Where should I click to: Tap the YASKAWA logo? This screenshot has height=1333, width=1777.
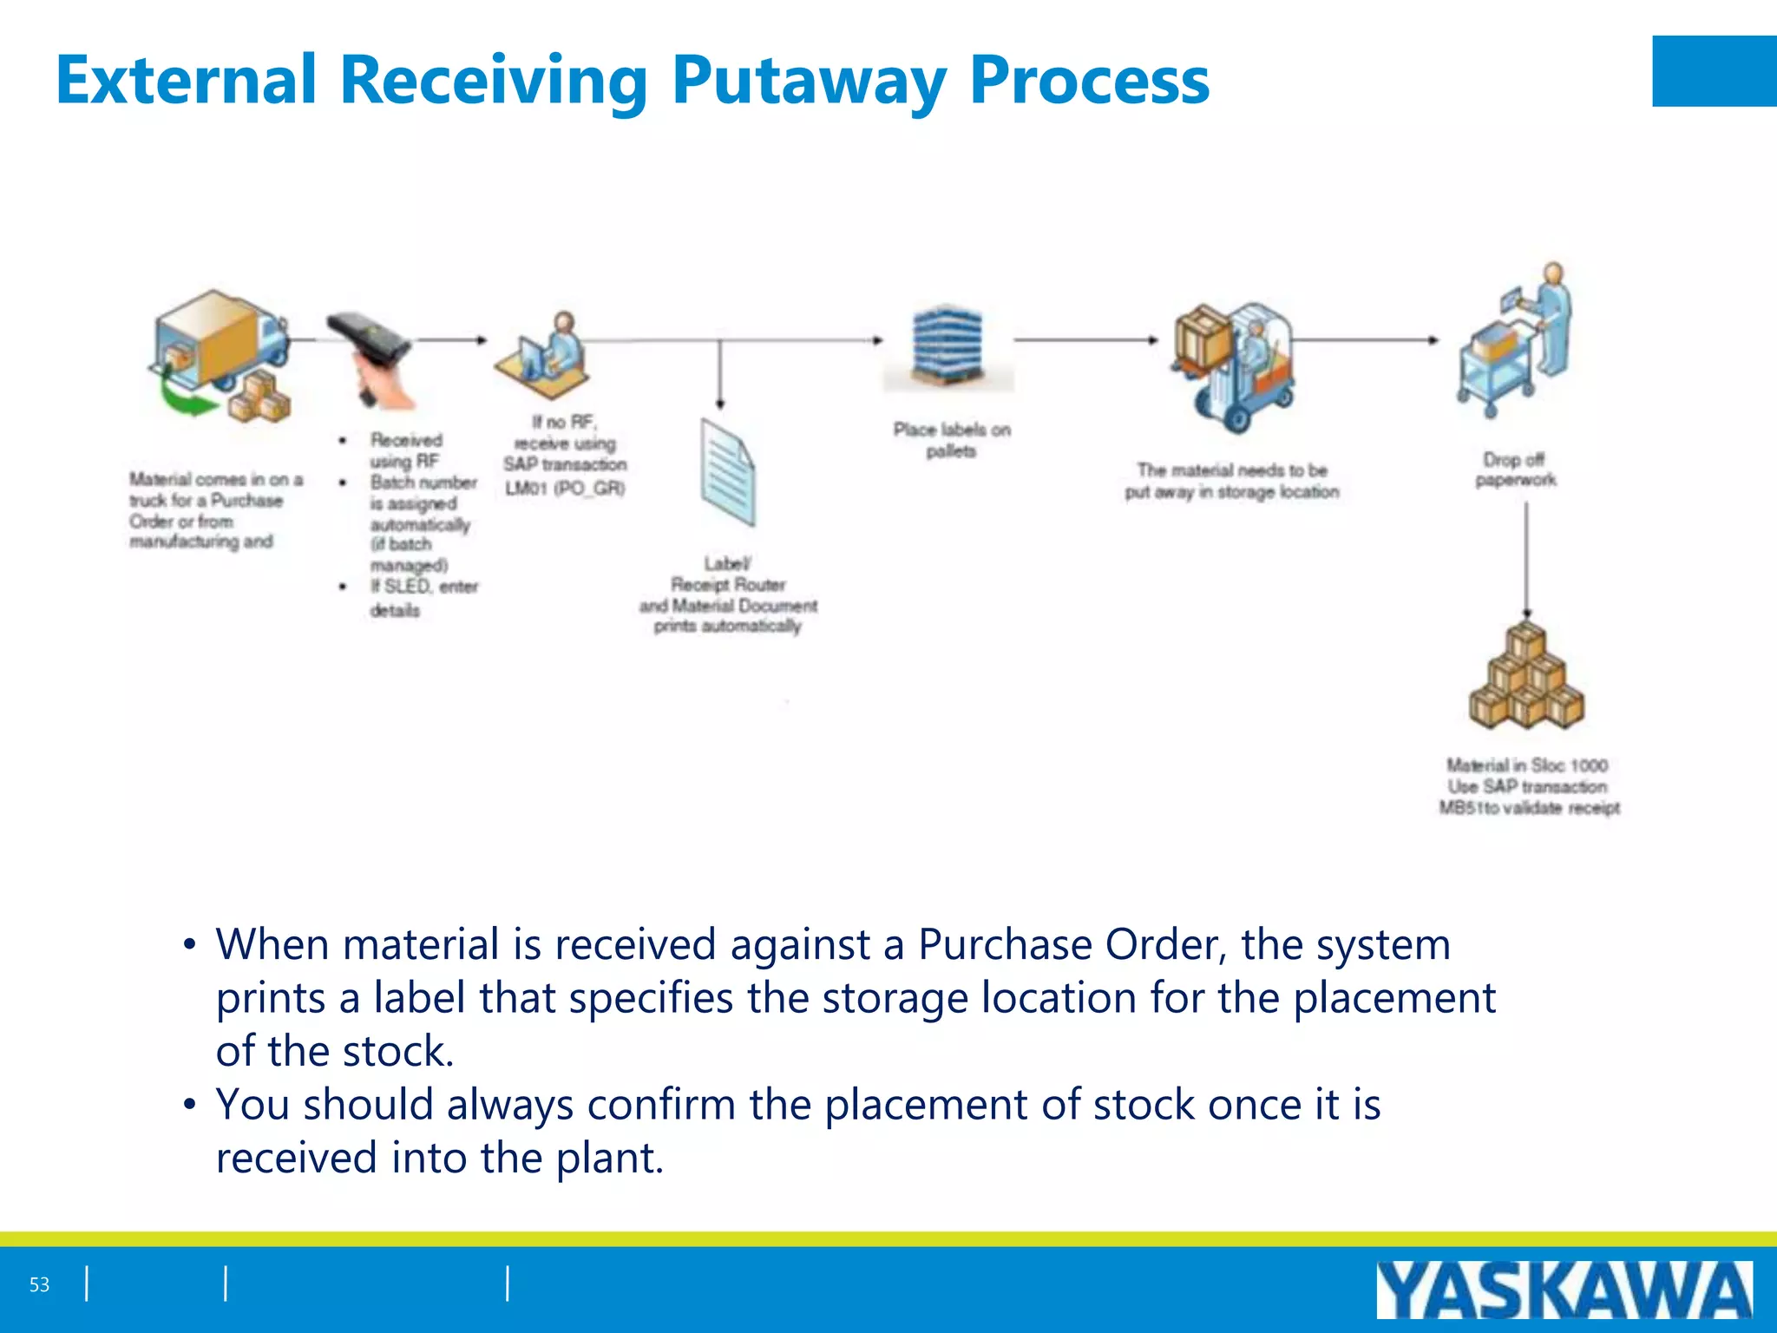(x=1564, y=1290)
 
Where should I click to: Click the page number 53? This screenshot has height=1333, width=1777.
(x=39, y=1284)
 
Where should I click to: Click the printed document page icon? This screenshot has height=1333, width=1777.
(x=727, y=472)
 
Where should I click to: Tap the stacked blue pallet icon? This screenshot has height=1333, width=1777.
(x=948, y=347)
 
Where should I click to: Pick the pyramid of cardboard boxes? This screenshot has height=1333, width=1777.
(x=1526, y=677)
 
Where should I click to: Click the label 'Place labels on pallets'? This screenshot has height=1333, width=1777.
(x=951, y=440)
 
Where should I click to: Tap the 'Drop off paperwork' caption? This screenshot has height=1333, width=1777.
(x=1515, y=470)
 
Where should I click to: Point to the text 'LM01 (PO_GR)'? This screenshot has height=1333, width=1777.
(x=565, y=489)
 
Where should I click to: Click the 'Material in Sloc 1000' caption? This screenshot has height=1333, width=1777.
(x=1527, y=765)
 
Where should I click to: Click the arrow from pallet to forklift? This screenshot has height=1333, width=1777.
(x=1085, y=340)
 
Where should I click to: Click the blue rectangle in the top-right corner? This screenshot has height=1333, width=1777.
(x=1714, y=71)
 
